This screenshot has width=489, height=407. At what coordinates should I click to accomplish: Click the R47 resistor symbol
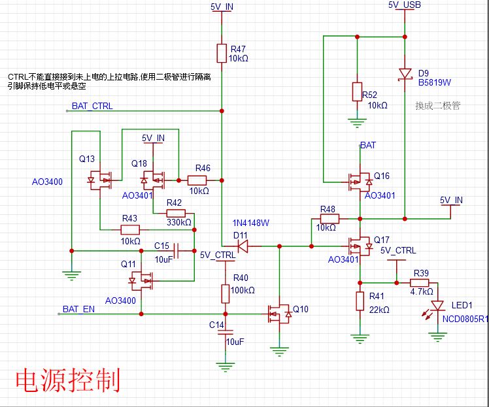[x=222, y=54]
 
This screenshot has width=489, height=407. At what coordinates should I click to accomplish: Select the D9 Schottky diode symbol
[x=405, y=74]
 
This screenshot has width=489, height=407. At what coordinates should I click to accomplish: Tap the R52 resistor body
[x=357, y=91]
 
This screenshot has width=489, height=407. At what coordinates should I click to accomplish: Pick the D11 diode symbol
[x=243, y=246]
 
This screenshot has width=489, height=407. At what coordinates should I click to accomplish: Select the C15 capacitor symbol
[x=177, y=251]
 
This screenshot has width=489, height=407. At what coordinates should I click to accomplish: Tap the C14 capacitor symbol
[x=225, y=333]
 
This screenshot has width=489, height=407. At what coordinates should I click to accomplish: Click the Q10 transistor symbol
[x=279, y=314]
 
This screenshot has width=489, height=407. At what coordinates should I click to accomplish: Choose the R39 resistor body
[x=419, y=283]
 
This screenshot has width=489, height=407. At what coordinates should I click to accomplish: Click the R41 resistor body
[x=360, y=301]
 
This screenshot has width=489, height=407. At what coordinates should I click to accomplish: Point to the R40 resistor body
[x=225, y=293]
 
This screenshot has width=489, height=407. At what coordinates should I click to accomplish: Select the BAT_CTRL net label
[x=92, y=106]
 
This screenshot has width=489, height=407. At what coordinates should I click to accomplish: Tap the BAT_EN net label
[x=78, y=309]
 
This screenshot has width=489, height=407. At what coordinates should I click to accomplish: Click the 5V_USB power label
[x=405, y=5]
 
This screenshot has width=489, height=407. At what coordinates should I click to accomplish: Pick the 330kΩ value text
[x=179, y=222]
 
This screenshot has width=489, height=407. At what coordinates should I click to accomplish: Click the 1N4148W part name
[x=251, y=223]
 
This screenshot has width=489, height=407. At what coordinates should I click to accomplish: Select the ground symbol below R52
[x=357, y=123]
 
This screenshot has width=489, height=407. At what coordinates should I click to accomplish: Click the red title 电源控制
[x=68, y=380]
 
